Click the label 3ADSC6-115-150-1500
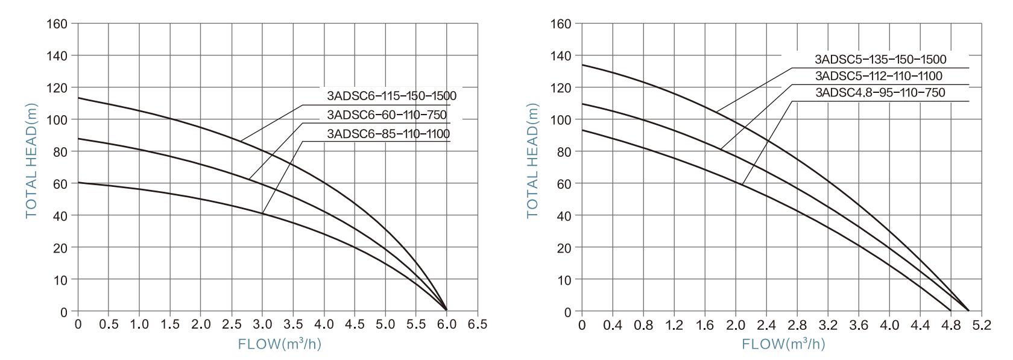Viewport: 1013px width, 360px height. [x=391, y=96]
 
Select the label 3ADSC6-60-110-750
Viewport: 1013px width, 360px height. [x=388, y=115]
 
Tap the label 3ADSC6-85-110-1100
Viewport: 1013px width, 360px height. [x=388, y=133]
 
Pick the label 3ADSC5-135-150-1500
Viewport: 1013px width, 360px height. [x=880, y=60]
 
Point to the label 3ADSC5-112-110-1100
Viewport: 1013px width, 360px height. [x=879, y=76]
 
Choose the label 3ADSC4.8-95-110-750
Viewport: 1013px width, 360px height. [x=880, y=93]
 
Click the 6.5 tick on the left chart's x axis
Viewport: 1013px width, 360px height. [x=478, y=324]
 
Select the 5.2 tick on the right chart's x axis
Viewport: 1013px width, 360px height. [x=982, y=325]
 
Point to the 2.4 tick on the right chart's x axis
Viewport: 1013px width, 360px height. [x=766, y=325]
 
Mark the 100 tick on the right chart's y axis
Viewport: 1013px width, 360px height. [x=561, y=119]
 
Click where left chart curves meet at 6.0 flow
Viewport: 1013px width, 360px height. [x=447, y=310]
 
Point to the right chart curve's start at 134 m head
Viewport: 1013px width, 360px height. [x=582, y=65]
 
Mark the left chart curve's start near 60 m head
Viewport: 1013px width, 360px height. [x=78, y=182]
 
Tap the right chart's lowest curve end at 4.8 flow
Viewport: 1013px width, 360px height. [x=951, y=311]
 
